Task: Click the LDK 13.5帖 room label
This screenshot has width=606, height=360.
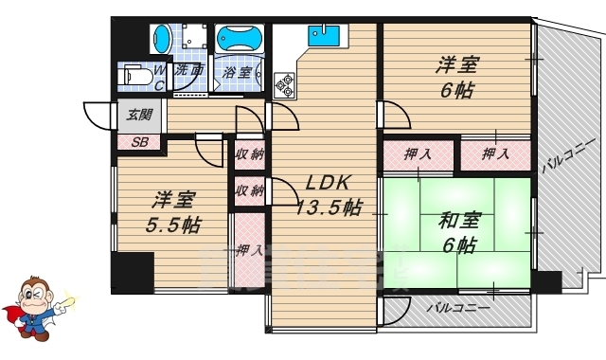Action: pos(327,194)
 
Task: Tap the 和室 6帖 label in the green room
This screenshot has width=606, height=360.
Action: pos(458,232)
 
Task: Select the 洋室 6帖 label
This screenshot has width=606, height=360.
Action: pos(456,79)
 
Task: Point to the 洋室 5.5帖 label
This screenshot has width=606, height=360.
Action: pos(172,212)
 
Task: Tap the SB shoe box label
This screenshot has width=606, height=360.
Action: pos(139,143)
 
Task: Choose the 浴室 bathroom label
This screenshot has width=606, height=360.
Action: pos(237,72)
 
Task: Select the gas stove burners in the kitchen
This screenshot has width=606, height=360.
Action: pos(284,85)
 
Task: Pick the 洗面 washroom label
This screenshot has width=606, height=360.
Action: pos(189,69)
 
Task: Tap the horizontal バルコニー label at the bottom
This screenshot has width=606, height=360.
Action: pos(457,309)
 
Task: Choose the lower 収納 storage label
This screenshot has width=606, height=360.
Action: pos(249,190)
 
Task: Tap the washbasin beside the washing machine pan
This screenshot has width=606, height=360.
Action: pos(163,39)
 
